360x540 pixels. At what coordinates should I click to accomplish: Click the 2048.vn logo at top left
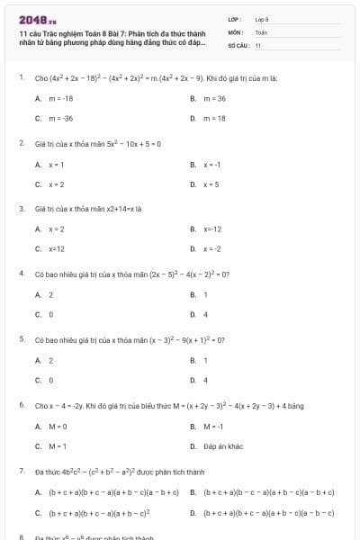[37, 19]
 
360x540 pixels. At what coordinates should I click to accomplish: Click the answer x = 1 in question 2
[56, 165]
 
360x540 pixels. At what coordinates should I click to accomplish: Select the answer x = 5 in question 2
[211, 184]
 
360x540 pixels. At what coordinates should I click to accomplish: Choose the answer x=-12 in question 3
[211, 229]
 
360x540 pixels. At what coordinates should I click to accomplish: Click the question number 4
[21, 272]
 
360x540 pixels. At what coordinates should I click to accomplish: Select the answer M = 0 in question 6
[58, 426]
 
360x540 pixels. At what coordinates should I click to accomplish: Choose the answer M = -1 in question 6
[213, 426]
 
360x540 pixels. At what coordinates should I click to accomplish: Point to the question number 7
[21, 471]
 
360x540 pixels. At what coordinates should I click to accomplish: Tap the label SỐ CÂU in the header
[237, 44]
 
